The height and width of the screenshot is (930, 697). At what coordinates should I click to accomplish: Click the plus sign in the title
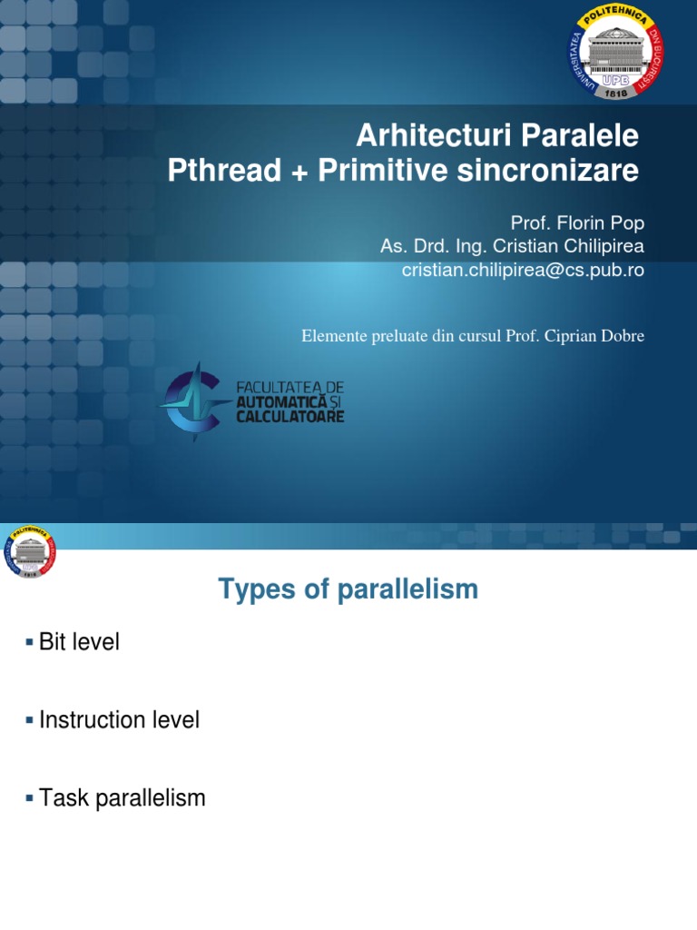(x=299, y=172)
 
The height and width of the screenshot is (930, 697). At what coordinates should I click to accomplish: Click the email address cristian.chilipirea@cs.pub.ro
(x=523, y=270)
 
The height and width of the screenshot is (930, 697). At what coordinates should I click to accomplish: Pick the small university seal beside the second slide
(x=29, y=551)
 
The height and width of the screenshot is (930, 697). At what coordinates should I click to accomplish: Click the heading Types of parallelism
(x=348, y=589)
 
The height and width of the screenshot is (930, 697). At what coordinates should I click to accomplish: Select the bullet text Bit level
(x=79, y=642)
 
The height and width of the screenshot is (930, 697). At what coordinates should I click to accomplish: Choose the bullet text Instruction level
(x=119, y=720)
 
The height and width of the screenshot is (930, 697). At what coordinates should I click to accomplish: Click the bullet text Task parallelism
(x=123, y=798)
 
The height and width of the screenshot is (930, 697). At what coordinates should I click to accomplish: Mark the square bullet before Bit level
(x=29, y=643)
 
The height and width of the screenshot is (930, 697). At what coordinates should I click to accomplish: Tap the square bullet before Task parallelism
(x=29, y=799)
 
